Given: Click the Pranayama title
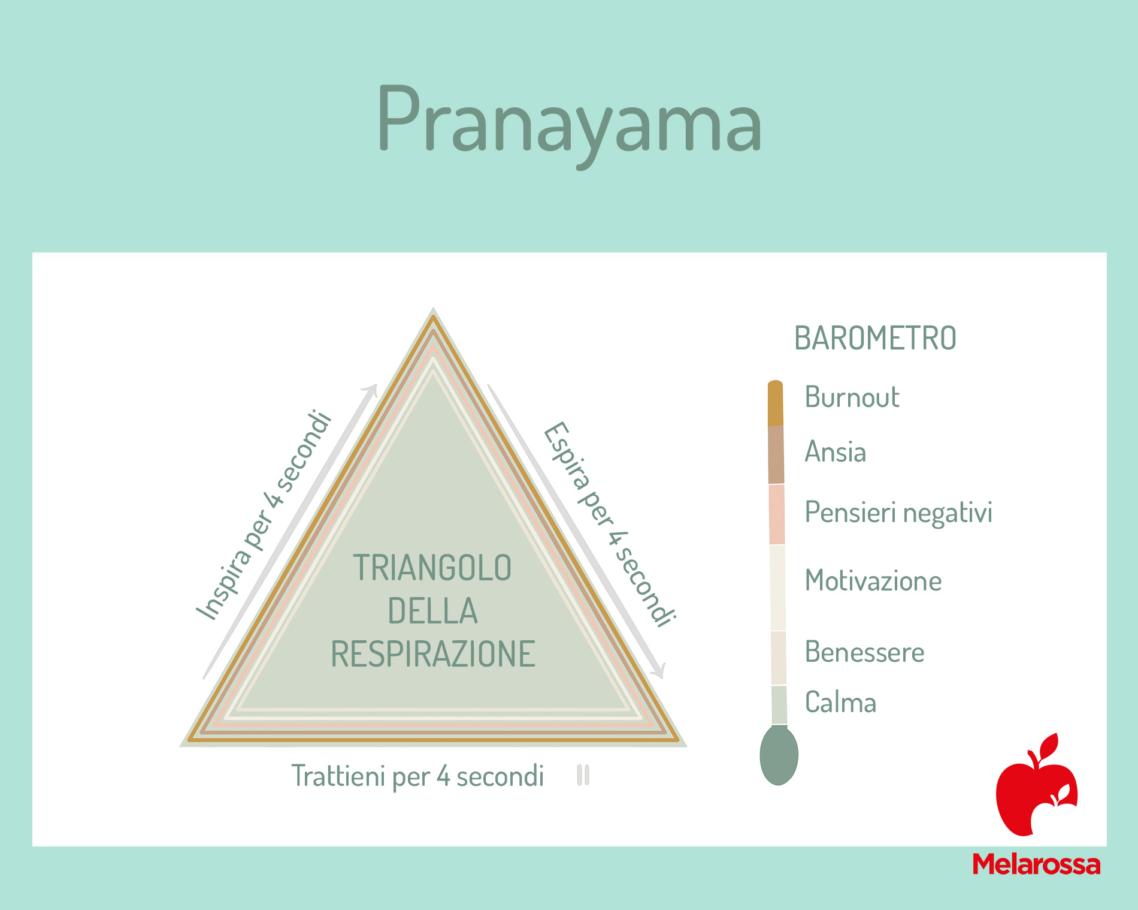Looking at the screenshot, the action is click(569, 123).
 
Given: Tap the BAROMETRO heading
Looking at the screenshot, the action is click(875, 338).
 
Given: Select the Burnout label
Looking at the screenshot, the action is click(852, 397).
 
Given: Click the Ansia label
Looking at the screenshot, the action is click(836, 451).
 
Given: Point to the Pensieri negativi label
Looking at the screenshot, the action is click(898, 513).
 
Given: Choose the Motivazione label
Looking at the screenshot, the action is click(873, 580).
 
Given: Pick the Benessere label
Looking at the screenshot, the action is click(864, 652).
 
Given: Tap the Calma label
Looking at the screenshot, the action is click(840, 702).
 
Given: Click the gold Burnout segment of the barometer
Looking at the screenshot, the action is click(776, 403).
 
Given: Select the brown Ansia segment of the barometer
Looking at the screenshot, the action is click(776, 455).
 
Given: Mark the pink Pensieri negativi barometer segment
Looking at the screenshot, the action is click(777, 514).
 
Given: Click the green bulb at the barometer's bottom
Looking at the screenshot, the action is click(779, 755).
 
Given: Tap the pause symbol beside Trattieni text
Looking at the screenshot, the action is click(583, 775).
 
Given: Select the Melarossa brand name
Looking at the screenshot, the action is click(1036, 864).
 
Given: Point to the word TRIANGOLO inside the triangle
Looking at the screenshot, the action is click(432, 568).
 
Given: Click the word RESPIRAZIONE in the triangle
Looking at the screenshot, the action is click(433, 653).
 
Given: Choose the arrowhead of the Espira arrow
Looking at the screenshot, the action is click(659, 671).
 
